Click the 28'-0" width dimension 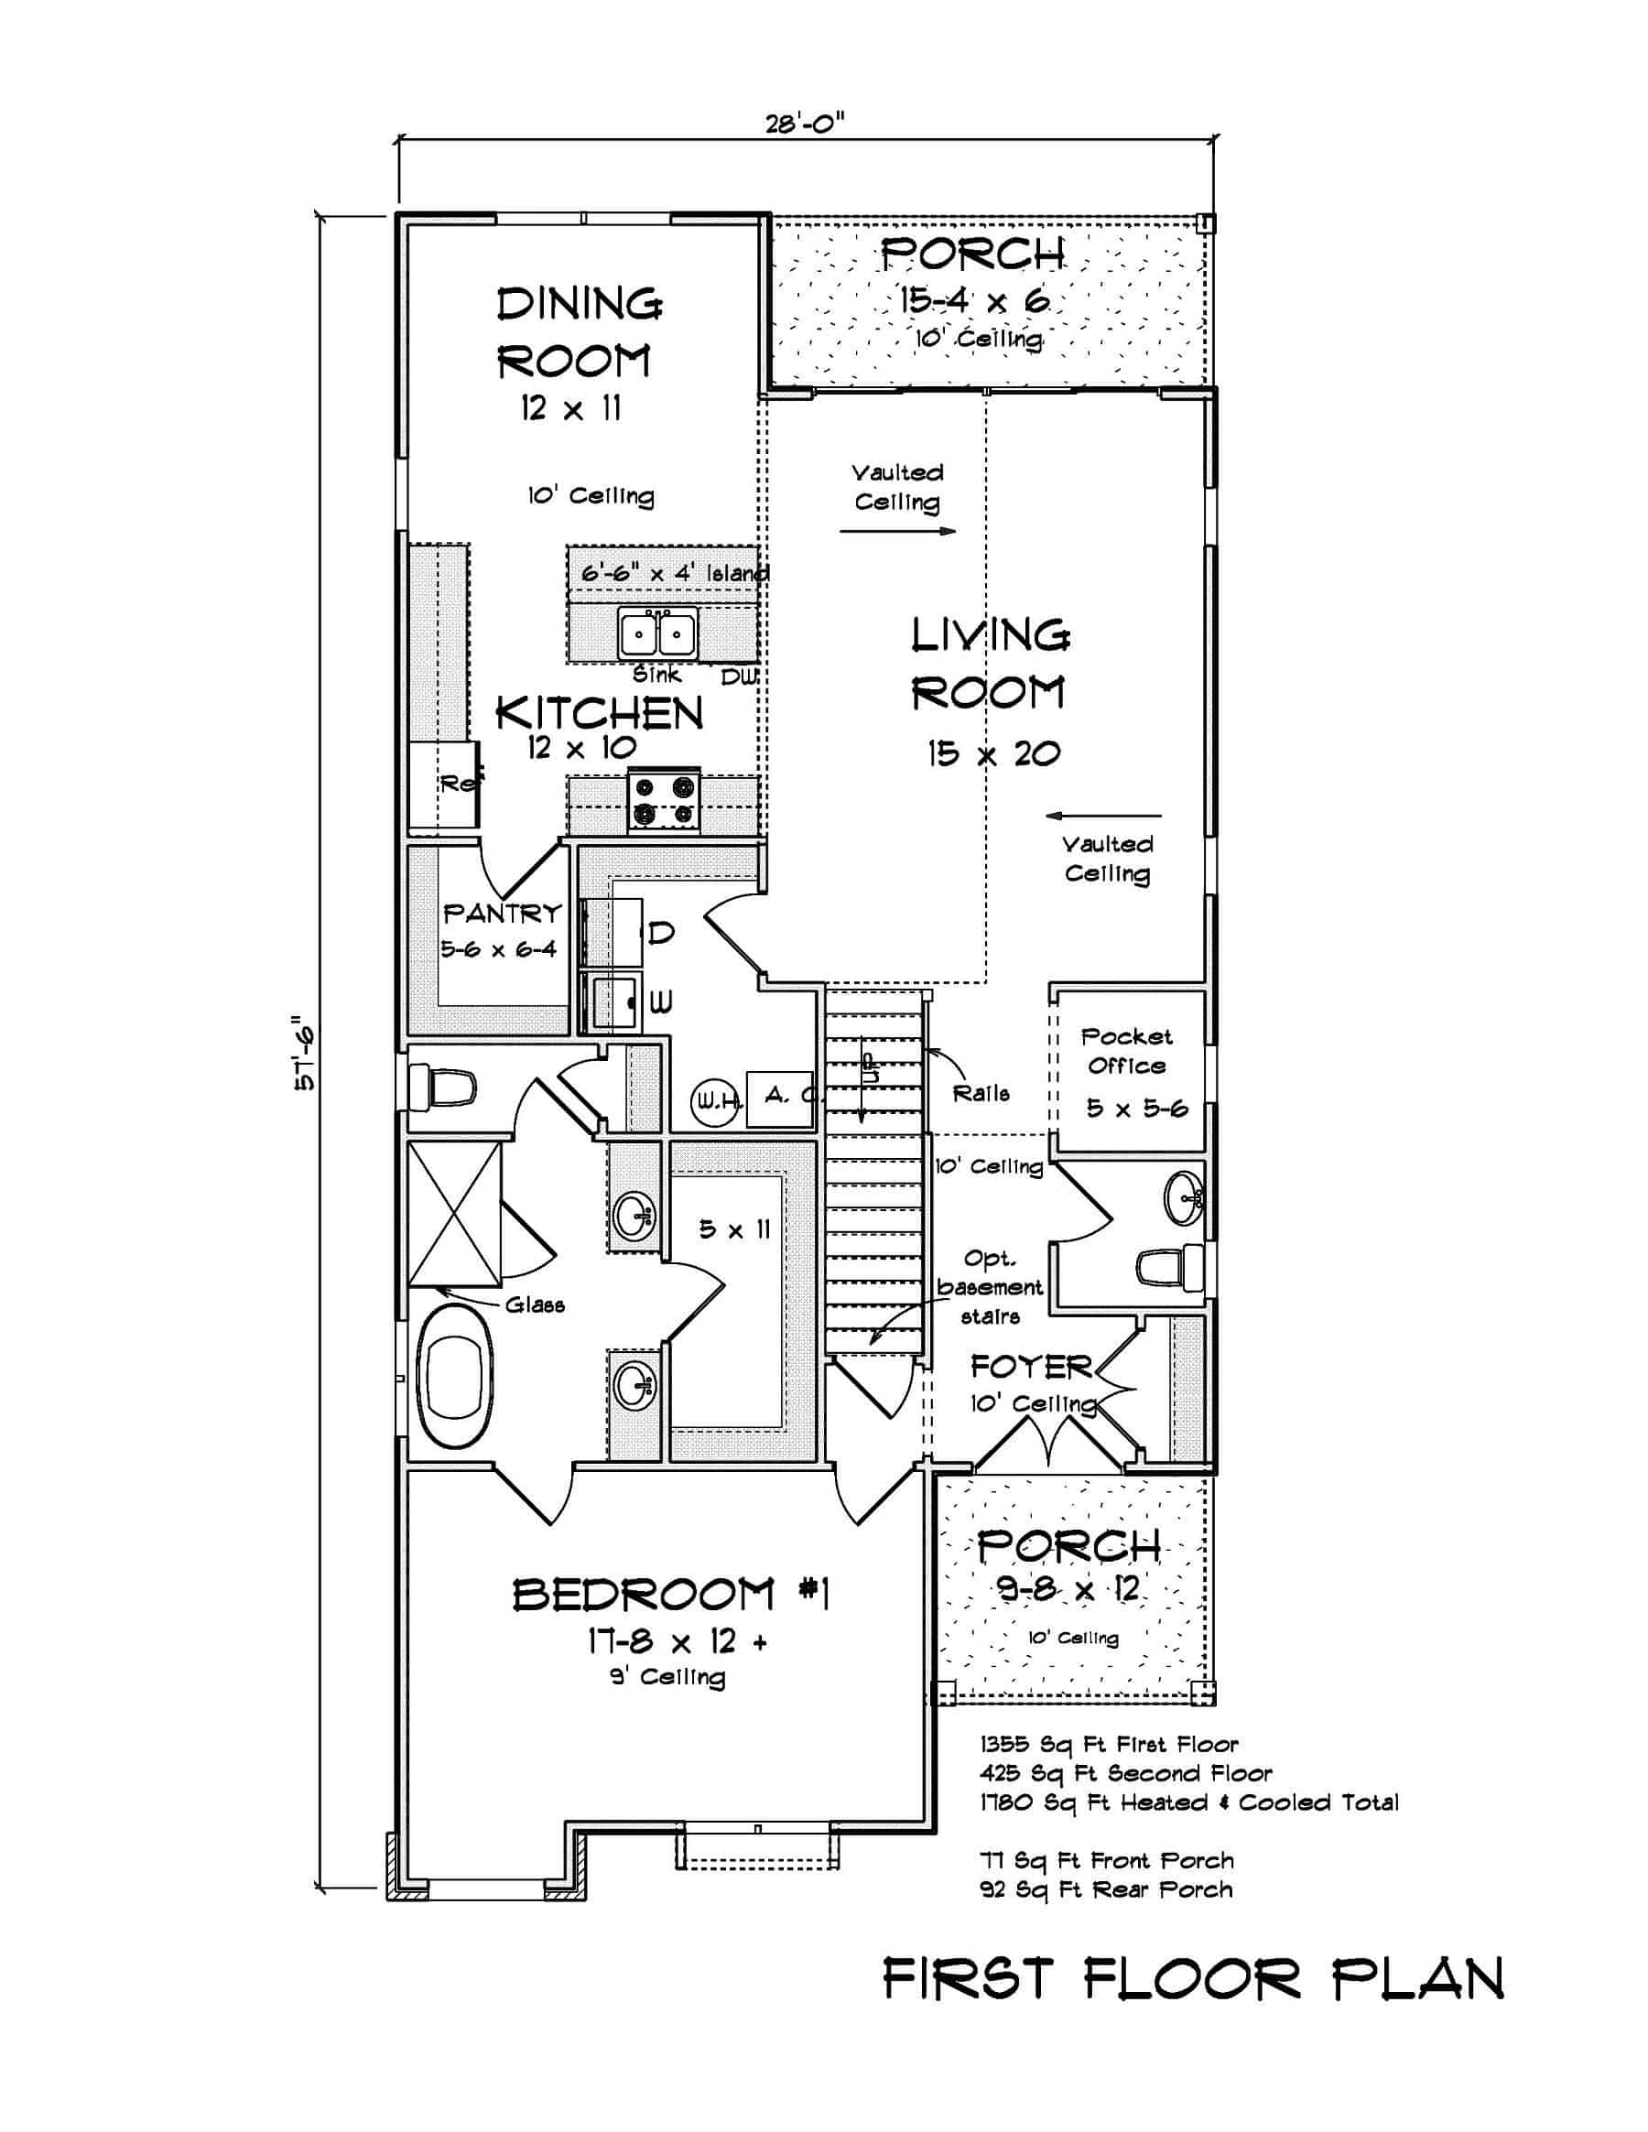click(805, 124)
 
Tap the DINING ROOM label click(578, 332)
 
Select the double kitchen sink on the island click(658, 634)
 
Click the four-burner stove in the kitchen click(664, 799)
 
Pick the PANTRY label click(502, 914)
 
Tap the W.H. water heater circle click(717, 1102)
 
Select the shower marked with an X click(454, 1215)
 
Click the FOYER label click(1031, 1368)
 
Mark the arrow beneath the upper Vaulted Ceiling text click(897, 532)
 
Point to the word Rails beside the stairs click(981, 1093)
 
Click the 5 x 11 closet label click(734, 1229)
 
